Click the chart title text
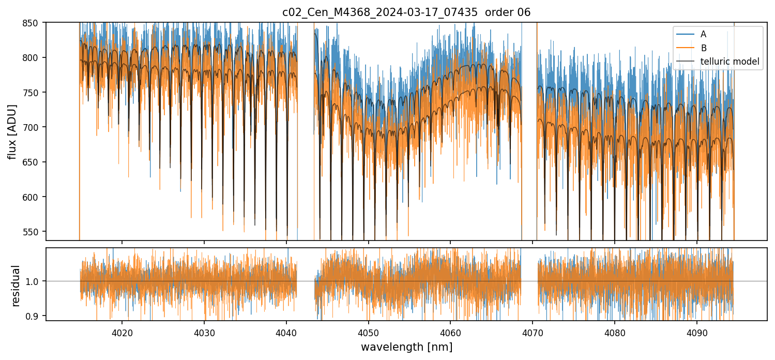406,12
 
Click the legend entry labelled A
703,34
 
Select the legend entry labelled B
703,48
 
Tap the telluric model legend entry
730,62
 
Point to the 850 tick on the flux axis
35,23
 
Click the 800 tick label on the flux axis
35,57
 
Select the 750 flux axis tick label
35,93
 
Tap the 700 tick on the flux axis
35,127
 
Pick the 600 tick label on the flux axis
35,197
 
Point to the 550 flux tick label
35,232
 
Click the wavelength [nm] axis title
406,347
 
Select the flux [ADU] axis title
12,131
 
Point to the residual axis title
16,285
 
